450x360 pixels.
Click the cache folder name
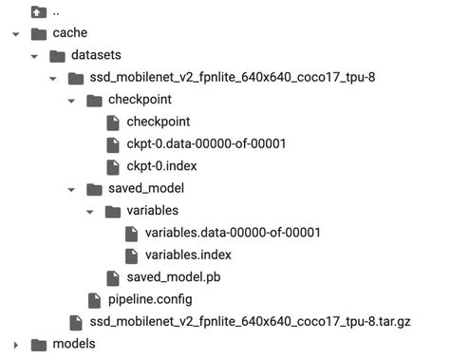[70, 33]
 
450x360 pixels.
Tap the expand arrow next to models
[16, 344]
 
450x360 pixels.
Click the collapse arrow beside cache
[16, 33]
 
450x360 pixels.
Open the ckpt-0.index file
[162, 166]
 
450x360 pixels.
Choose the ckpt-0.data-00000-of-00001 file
[206, 143]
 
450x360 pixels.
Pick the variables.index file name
[188, 255]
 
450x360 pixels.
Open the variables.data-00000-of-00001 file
[233, 233]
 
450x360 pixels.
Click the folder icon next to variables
[113, 211]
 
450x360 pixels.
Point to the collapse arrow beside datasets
[35, 55]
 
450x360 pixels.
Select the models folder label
[73, 344]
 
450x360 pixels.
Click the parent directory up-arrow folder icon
[38, 12]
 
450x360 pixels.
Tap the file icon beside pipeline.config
[94, 300]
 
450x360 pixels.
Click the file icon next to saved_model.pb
[113, 277]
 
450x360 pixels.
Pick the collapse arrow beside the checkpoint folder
[73, 100]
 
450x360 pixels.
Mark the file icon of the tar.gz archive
[75, 322]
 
